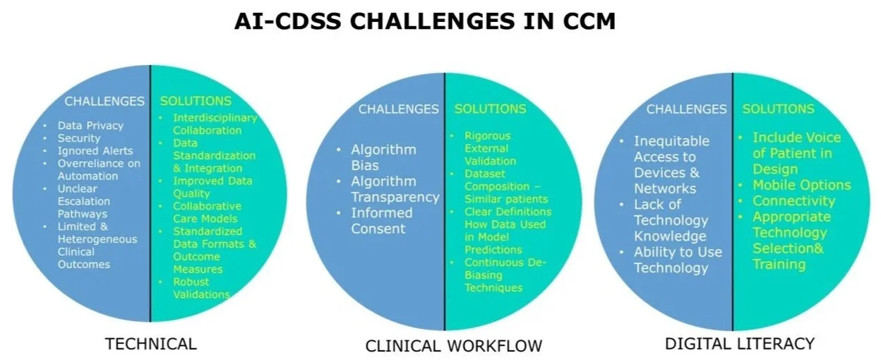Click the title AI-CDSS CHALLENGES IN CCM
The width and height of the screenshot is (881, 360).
(425, 21)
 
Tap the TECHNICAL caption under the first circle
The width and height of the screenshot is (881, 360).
(150, 344)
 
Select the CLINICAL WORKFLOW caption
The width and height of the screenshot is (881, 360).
(453, 345)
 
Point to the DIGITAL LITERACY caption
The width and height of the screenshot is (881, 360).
(740, 344)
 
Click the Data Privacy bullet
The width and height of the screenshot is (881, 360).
(90, 126)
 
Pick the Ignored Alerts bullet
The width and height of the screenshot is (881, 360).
(95, 151)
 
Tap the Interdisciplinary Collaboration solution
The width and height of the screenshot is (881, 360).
(214, 124)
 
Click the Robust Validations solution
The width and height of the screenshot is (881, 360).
(201, 288)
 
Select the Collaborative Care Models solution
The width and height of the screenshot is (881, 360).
(207, 212)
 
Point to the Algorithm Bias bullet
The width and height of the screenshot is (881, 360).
(383, 157)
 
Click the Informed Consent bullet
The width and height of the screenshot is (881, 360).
(382, 220)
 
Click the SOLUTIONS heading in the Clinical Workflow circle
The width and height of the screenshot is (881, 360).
(490, 109)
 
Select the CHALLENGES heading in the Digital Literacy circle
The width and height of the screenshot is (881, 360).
(686, 109)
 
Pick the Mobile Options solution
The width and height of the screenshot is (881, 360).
(801, 185)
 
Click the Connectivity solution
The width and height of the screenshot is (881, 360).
(793, 201)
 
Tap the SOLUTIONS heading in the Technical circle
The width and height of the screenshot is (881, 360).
(196, 101)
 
